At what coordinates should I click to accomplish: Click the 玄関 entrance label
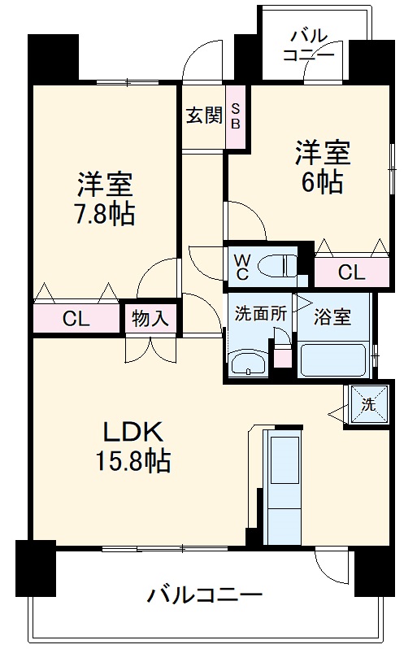(x=203, y=115)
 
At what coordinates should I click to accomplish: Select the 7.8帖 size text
(x=105, y=216)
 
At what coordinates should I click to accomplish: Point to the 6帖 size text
(x=323, y=181)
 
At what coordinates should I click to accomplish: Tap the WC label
(x=243, y=267)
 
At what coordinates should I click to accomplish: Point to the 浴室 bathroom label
(x=334, y=316)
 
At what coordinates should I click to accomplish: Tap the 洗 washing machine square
(x=367, y=404)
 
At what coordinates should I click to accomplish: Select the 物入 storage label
(x=150, y=318)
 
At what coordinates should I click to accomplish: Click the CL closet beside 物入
(x=76, y=318)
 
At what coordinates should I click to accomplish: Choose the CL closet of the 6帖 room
(x=351, y=273)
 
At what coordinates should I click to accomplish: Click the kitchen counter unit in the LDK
(x=284, y=485)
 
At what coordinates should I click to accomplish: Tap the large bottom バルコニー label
(x=205, y=595)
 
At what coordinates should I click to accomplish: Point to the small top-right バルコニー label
(x=308, y=46)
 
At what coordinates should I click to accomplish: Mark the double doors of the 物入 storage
(x=150, y=347)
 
